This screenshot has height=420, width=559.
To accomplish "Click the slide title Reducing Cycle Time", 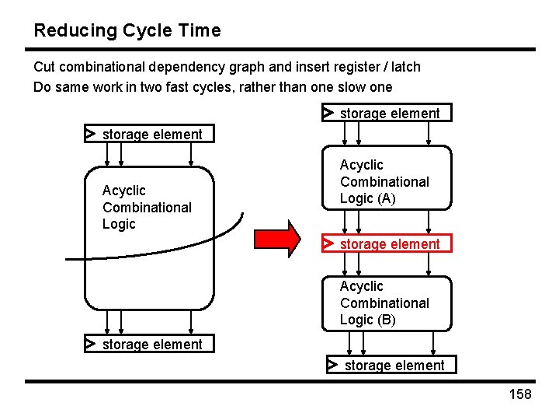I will click(127, 31).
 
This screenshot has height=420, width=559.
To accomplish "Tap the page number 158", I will click(519, 394).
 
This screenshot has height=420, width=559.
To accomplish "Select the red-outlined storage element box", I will click(387, 243).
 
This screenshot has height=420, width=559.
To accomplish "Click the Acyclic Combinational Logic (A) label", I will click(384, 181).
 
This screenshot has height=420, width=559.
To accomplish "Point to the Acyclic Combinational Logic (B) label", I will click(384, 303).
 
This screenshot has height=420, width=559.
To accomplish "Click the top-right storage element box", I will click(387, 114).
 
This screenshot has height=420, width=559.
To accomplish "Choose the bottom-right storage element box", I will click(391, 365).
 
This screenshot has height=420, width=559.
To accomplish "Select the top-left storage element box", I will click(148, 134).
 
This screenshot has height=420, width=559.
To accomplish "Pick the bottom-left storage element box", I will click(148, 344).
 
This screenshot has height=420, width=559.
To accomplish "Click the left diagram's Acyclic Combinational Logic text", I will click(147, 207).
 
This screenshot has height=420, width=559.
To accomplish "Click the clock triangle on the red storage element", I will click(329, 243).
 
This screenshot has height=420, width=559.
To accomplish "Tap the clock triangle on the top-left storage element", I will click(91, 134).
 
